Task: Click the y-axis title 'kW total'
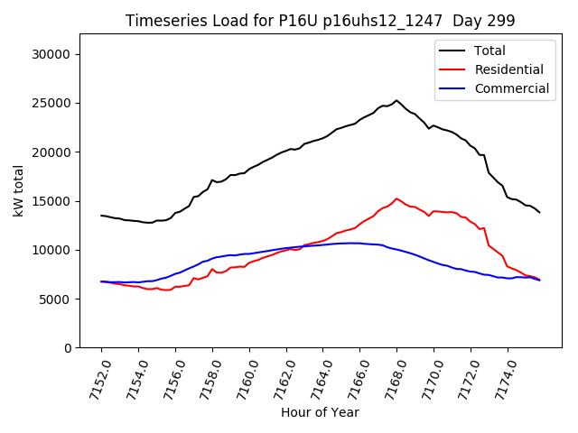(18, 191)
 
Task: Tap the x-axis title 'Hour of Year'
(320, 412)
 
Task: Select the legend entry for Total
(489, 51)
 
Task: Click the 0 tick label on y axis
(68, 348)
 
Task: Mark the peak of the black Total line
(396, 100)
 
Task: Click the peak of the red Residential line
(396, 198)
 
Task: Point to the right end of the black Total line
(540, 212)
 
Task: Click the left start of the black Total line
(101, 216)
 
